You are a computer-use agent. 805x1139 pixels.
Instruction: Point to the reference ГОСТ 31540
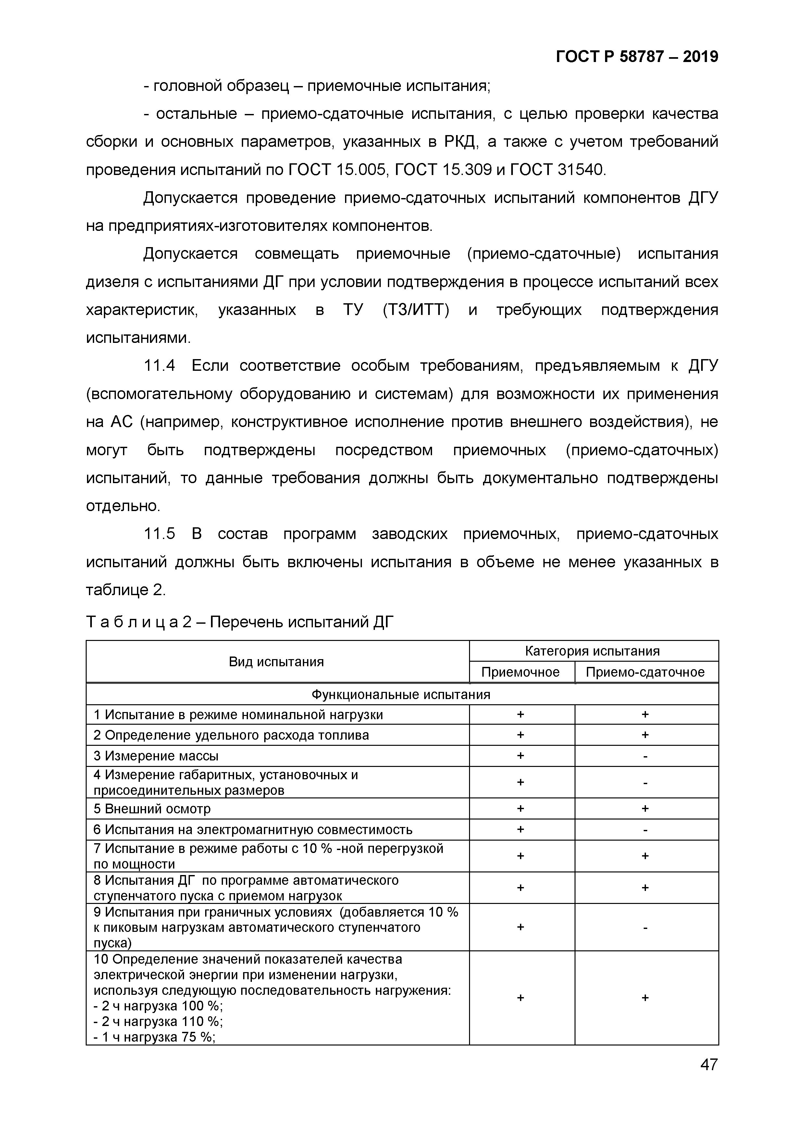(x=558, y=170)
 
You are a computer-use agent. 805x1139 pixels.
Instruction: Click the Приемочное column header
(x=520, y=672)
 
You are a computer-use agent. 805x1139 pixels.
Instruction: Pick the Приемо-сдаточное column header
(x=645, y=672)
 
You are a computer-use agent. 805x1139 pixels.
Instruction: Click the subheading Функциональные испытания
(x=401, y=694)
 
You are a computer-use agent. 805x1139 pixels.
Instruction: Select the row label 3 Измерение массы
(x=156, y=756)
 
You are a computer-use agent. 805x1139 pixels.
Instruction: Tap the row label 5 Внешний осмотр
(x=152, y=808)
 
